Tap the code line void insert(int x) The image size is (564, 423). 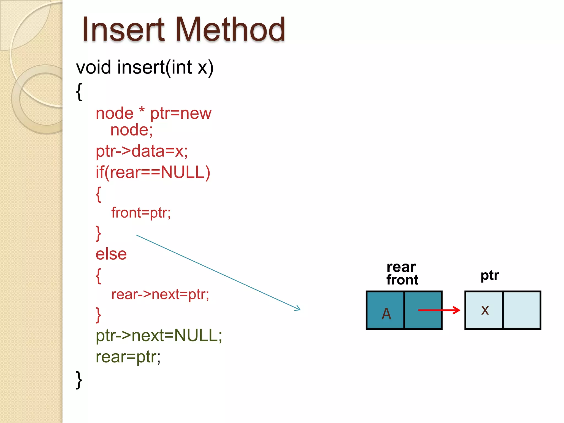tap(145, 67)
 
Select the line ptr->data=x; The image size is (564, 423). tap(142, 151)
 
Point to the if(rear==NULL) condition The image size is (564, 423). tap(153, 172)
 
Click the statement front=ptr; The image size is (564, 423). tap(141, 213)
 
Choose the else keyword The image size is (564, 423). tap(111, 254)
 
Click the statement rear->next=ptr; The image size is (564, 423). tap(160, 294)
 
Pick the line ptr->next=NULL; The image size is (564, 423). tap(159, 335)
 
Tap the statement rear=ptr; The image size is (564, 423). tap(128, 357)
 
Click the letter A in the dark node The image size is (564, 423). tap(386, 313)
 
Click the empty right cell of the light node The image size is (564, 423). tap(521, 310)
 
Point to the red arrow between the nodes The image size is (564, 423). tap(439, 310)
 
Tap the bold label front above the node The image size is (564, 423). tap(402, 280)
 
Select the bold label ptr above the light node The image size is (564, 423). tap(490, 275)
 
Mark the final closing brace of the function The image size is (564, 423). tap(79, 380)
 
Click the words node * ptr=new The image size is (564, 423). tap(153, 113)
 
